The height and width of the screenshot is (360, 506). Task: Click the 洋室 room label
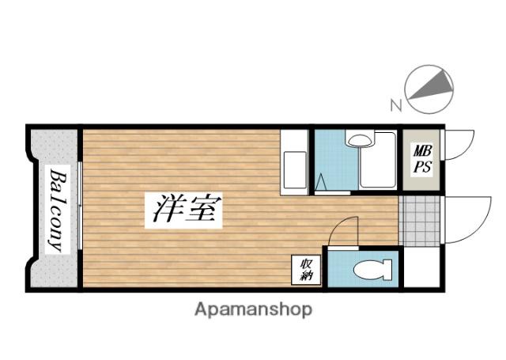[187, 210]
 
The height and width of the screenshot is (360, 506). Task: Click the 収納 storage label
[304, 269]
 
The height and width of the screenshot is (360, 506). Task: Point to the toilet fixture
[368, 269]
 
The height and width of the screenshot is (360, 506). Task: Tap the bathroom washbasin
[360, 140]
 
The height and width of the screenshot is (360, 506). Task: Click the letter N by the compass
[396, 104]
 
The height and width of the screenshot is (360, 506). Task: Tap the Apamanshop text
[254, 309]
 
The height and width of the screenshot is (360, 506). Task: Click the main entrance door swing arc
[462, 222]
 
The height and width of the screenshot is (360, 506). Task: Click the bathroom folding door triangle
[322, 183]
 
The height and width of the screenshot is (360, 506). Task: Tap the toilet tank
[388, 269]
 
